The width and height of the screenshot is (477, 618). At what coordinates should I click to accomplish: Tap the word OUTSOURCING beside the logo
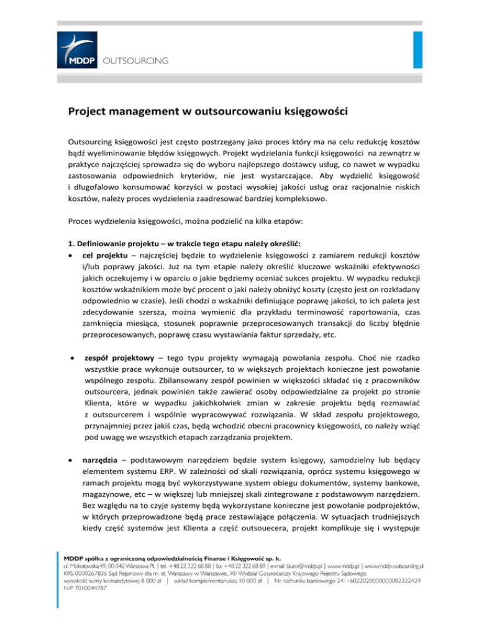pyautogui.click(x=135, y=61)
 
